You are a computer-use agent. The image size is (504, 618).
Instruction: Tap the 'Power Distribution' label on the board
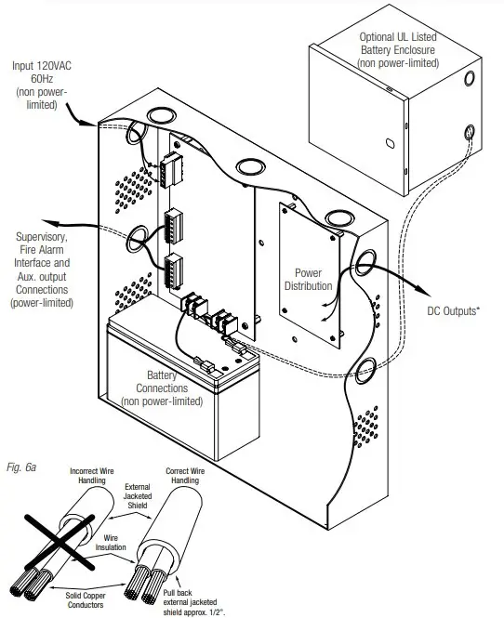(307, 280)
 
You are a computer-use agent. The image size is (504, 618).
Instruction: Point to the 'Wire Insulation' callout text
(120, 542)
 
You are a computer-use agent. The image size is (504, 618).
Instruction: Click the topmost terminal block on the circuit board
(173, 171)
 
